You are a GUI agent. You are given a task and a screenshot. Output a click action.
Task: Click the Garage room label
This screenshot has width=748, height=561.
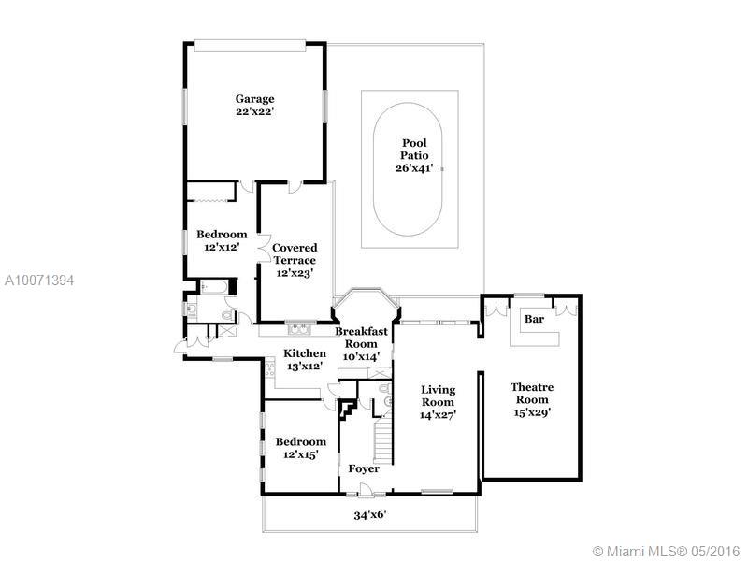click(254, 99)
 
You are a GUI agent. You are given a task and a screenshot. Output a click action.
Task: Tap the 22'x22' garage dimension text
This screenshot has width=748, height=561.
click(254, 111)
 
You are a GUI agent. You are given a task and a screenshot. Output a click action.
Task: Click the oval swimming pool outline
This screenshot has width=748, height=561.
click(408, 169)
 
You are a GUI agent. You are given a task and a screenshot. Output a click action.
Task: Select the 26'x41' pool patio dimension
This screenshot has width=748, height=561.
click(414, 168)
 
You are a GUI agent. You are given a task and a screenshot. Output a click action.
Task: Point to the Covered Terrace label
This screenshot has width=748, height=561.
click(295, 253)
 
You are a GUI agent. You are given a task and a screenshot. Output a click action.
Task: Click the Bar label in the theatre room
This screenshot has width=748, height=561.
click(534, 319)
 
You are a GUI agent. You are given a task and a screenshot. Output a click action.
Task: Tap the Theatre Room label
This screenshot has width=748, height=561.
click(532, 393)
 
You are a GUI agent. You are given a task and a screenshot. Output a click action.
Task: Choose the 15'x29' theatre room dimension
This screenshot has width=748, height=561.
click(532, 412)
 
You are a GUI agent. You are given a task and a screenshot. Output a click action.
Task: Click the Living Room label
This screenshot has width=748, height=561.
click(438, 396)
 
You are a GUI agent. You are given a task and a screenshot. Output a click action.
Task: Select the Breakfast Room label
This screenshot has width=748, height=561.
click(361, 338)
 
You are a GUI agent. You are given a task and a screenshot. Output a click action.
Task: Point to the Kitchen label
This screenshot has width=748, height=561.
click(305, 353)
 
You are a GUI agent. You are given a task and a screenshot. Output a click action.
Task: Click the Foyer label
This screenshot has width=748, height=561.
click(364, 468)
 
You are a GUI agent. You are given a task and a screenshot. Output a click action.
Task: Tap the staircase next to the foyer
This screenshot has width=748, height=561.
click(382, 439)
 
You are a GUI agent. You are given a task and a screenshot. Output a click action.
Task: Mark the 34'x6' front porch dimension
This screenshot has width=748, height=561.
click(370, 515)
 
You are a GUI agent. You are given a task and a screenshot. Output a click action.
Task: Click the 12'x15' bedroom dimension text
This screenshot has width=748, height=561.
click(300, 454)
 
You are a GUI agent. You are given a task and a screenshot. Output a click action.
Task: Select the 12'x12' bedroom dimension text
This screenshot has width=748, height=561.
click(222, 247)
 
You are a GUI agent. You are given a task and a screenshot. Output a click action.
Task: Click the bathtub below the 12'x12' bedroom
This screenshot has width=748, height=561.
click(214, 287)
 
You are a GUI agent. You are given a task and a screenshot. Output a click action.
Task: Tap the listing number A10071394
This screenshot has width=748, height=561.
click(39, 280)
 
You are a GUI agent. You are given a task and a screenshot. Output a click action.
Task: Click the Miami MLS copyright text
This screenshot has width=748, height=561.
click(668, 551)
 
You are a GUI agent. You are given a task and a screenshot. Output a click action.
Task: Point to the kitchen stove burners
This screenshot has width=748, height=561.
click(270, 369)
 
